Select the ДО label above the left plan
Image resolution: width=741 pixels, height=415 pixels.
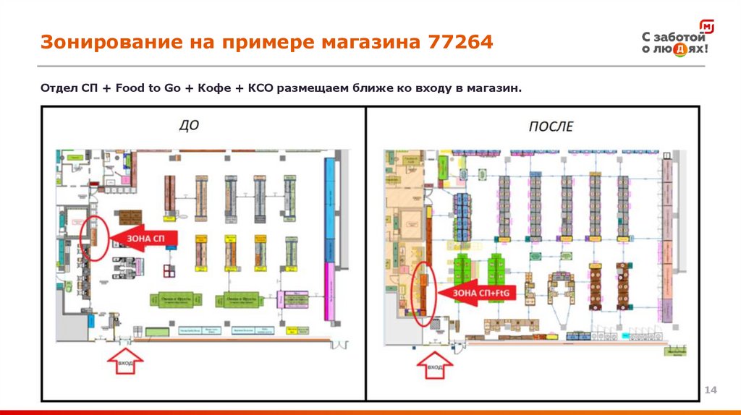pos(189,126)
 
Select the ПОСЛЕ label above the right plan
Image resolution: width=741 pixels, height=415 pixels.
pos(551,127)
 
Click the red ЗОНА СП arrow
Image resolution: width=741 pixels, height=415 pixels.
pos(141,239)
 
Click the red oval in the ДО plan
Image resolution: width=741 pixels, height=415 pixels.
pos(95,237)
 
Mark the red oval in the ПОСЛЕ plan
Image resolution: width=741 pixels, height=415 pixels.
pos(423,293)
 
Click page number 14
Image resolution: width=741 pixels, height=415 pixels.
pos(710,390)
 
